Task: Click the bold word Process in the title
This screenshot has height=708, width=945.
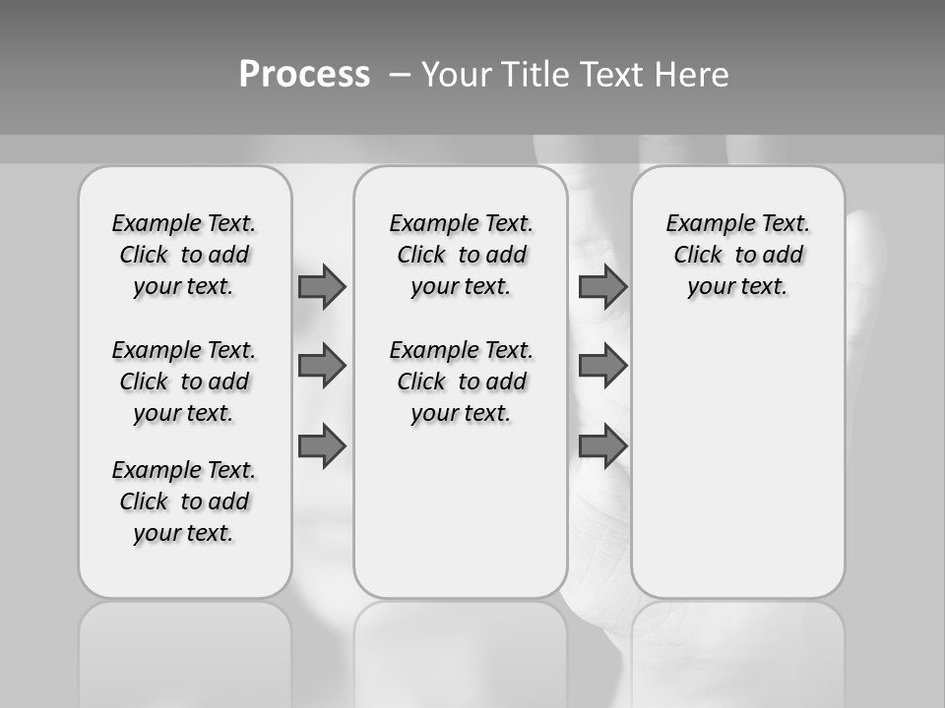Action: coord(304,74)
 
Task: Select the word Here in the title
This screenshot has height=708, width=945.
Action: coord(691,75)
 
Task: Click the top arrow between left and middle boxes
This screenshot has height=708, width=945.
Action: coord(322,286)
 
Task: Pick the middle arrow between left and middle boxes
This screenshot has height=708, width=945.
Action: coord(322,366)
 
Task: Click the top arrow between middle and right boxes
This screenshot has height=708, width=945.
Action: coord(602,286)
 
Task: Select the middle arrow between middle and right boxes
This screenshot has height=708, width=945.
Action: coord(602,366)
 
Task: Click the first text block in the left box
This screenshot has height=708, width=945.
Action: coord(184,255)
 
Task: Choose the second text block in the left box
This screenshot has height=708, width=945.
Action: coord(184,382)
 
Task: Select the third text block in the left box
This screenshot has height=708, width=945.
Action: coord(184,501)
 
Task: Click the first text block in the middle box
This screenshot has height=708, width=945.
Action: coord(461,255)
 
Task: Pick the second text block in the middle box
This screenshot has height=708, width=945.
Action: coord(461,382)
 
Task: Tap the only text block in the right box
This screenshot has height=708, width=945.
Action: coord(737,255)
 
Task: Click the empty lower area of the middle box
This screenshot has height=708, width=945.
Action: coord(461,511)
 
